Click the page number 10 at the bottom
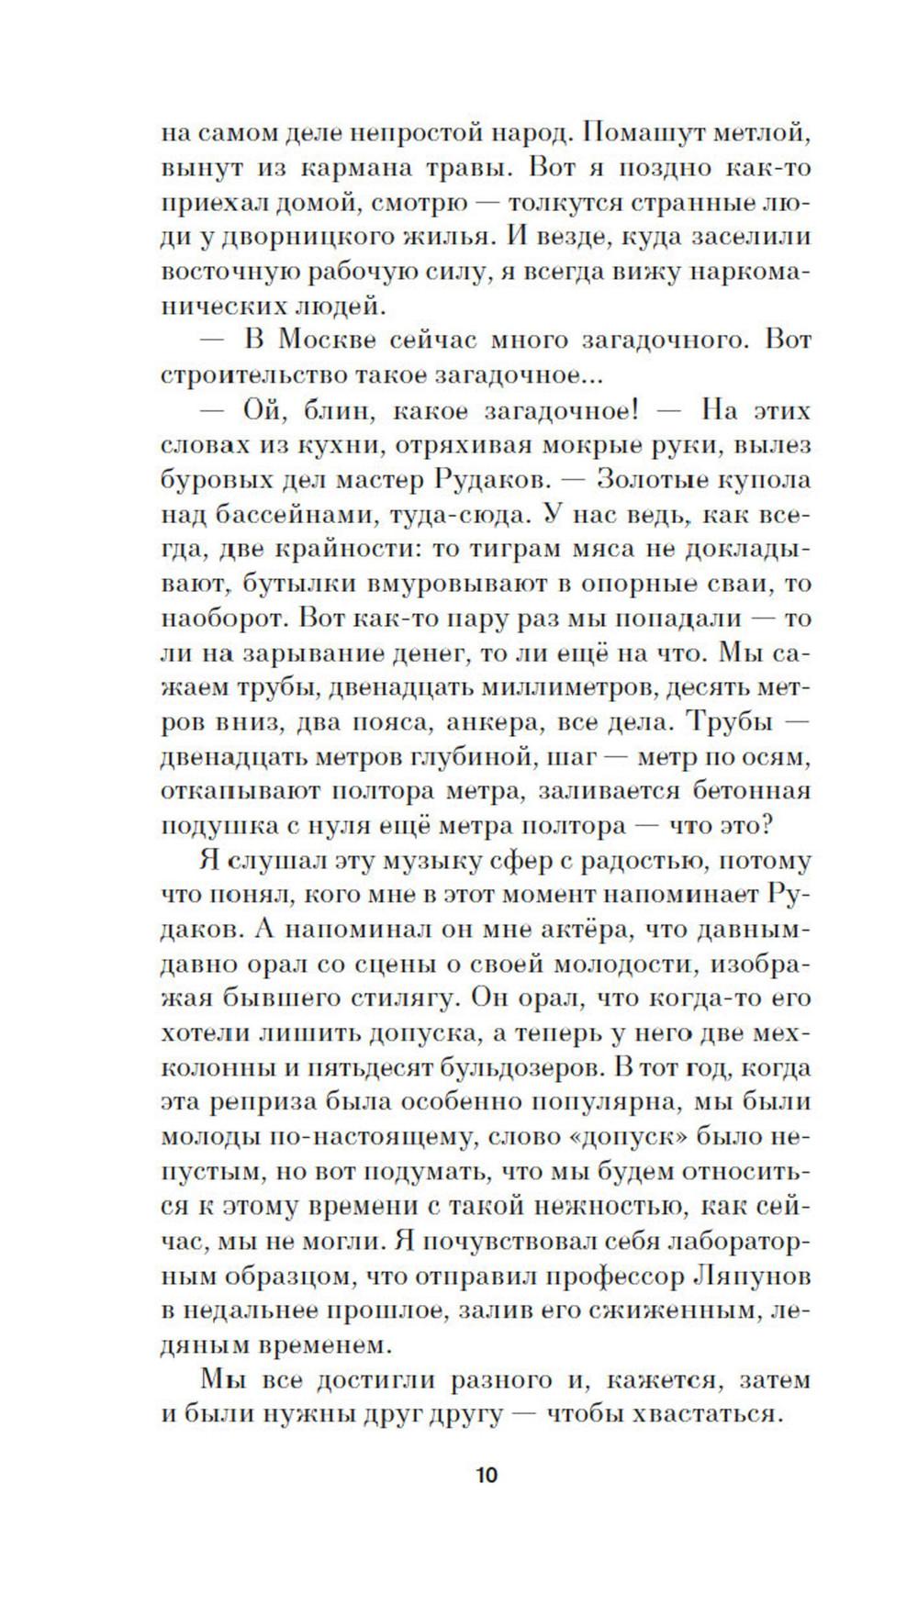487,1501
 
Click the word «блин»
341,410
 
